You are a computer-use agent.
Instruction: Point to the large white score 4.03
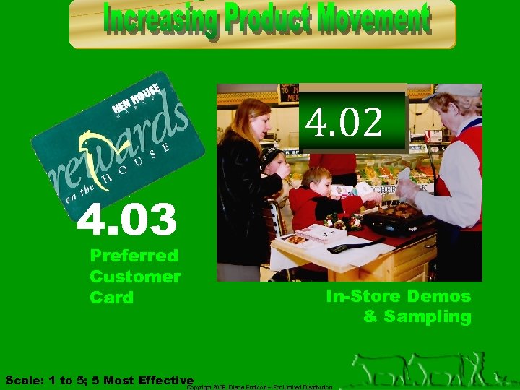(x=127, y=220)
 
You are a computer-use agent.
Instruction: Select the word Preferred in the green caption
(x=134, y=256)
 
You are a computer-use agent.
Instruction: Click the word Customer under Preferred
(x=135, y=277)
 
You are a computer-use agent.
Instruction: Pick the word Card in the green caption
(x=111, y=298)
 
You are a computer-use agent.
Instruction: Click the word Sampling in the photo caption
(x=428, y=316)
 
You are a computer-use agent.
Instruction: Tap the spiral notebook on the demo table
(x=321, y=233)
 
